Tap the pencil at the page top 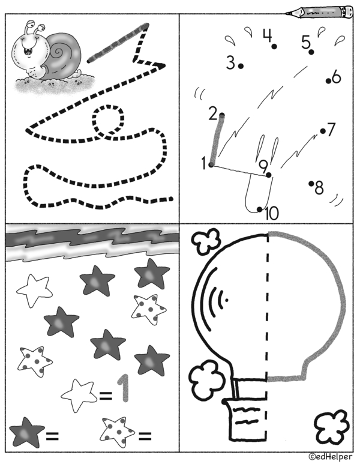(319, 12)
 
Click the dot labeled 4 (274, 46)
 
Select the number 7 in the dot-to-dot (331, 129)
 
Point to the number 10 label (272, 213)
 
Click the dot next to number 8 (311, 184)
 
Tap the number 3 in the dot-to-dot (230, 63)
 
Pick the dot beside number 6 (328, 81)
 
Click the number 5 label (306, 42)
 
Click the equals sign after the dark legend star (52, 435)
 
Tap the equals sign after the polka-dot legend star (145, 435)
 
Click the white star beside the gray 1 (79, 395)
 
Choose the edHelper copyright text (331, 457)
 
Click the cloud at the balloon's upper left (206, 241)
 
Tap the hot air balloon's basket (245, 420)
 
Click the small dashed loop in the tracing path (108, 120)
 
